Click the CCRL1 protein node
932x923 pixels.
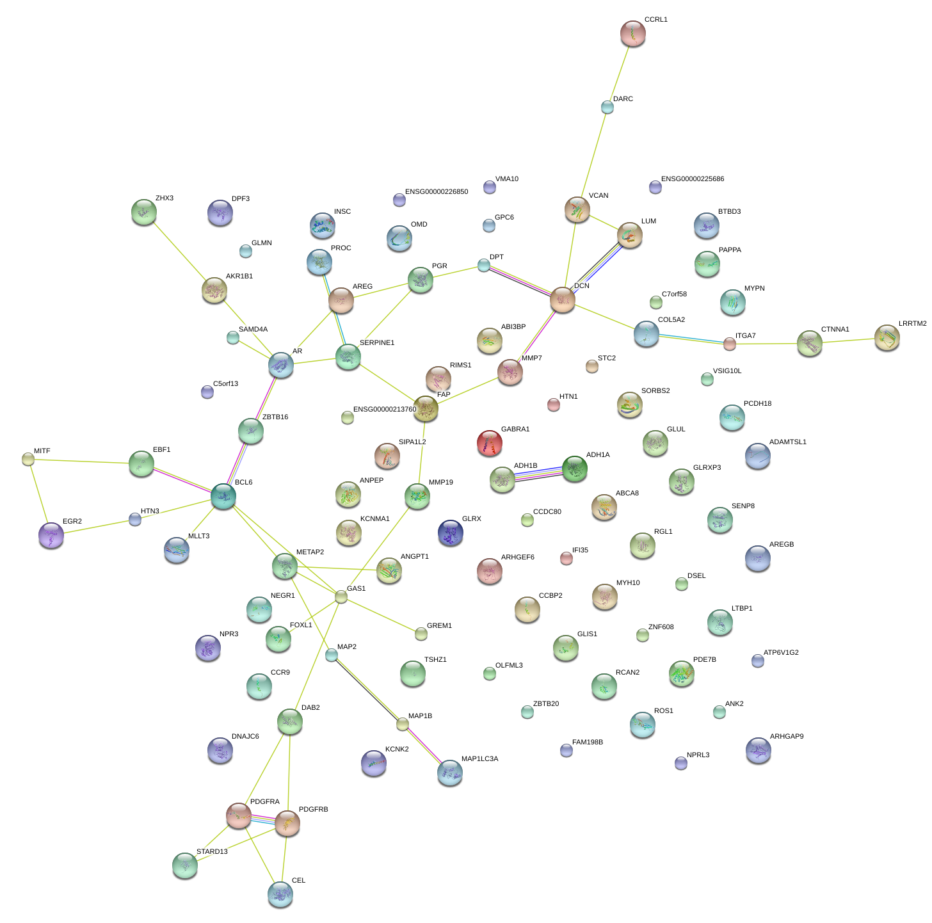click(x=632, y=33)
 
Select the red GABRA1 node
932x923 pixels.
click(x=489, y=442)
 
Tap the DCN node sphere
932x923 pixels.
click(x=562, y=299)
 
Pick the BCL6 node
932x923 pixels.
click(x=223, y=495)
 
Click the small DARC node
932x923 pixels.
click(x=607, y=107)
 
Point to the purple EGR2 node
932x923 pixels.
click(x=51, y=534)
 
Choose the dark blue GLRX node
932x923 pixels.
click(x=450, y=532)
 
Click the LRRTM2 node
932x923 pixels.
click(x=887, y=337)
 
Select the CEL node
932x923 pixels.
click(x=280, y=894)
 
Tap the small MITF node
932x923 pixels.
click(x=28, y=458)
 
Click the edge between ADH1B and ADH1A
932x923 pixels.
click(x=538, y=474)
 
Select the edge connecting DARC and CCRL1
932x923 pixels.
click(x=620, y=70)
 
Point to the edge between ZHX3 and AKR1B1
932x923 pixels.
click(x=179, y=250)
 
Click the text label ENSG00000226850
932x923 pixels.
click(x=436, y=192)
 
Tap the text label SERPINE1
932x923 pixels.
click(x=377, y=343)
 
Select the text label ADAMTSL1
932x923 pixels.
click(x=787, y=442)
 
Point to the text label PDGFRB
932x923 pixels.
click(x=313, y=810)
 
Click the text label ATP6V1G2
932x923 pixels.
click(x=781, y=653)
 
